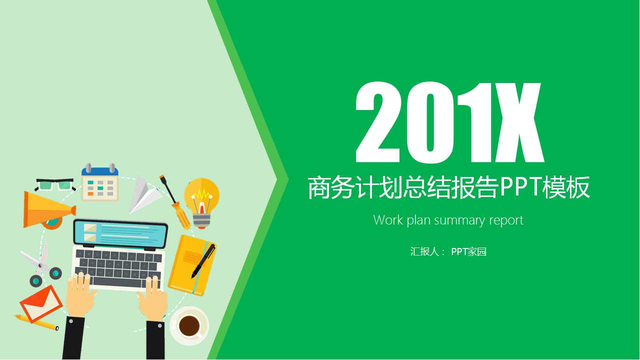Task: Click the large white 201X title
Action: [x=449, y=122]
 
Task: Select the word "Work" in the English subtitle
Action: [x=387, y=220]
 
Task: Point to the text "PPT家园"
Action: [x=468, y=251]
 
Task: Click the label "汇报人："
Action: [x=427, y=251]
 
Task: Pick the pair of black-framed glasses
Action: [x=55, y=184]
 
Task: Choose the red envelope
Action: [x=40, y=303]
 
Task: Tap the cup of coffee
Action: [x=189, y=325]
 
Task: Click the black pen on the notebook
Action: [x=203, y=260]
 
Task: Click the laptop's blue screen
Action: [x=120, y=233]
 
